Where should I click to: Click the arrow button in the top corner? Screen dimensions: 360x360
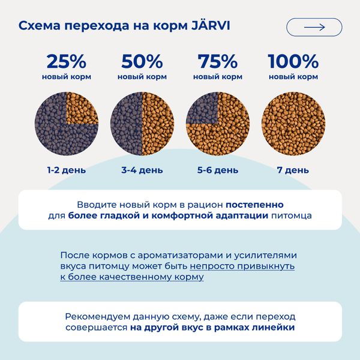[x=314, y=27]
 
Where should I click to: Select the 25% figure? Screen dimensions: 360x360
[x=66, y=61]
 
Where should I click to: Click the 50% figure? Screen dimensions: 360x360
[x=142, y=61]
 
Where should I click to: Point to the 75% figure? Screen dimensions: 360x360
[x=218, y=61]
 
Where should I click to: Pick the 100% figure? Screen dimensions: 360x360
[x=293, y=61]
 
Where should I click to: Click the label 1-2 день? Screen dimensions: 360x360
[x=67, y=170]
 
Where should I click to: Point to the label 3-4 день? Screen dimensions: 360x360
[x=142, y=170]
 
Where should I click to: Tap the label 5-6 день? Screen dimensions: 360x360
[x=218, y=170]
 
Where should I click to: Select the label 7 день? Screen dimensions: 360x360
[x=293, y=170]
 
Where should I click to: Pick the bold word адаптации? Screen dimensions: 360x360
[x=236, y=216]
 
